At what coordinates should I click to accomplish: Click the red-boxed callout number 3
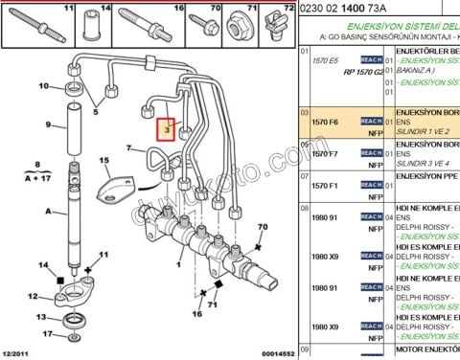click(x=166, y=128)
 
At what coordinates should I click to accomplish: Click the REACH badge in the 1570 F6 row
click(x=371, y=122)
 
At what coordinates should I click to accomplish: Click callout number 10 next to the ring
click(x=43, y=87)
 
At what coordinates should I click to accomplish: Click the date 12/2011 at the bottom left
click(x=20, y=352)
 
